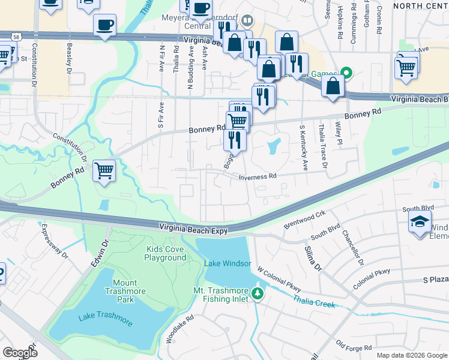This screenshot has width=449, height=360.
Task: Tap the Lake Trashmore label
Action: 105,317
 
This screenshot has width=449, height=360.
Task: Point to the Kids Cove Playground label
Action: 165,253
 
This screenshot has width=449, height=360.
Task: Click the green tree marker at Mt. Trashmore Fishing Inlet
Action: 258,293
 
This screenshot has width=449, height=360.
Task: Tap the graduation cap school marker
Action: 420,221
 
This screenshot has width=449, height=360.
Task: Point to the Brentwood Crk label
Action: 304,220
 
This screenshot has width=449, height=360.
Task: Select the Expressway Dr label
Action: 55,241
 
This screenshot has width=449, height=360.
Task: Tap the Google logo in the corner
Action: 20,353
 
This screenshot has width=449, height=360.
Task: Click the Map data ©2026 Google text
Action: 411,355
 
